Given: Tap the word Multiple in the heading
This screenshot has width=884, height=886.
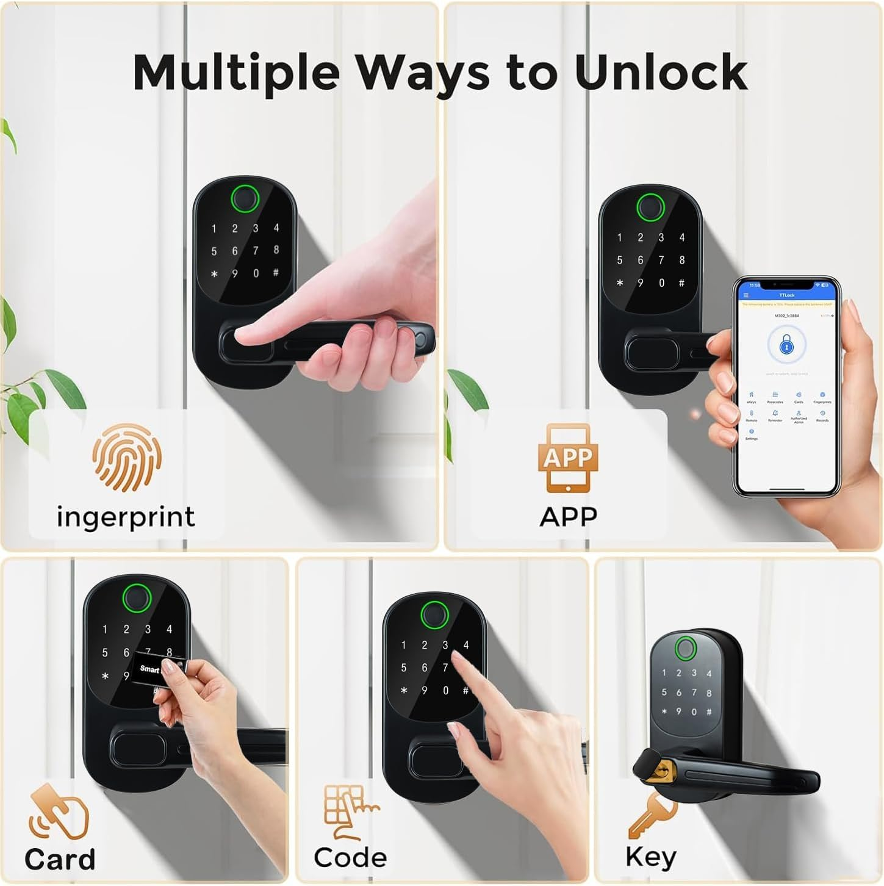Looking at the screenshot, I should pyautogui.click(x=236, y=72).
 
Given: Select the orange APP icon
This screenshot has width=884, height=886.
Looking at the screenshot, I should pyautogui.click(x=567, y=458).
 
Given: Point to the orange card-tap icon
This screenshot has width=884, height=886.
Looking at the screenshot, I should pyautogui.click(x=59, y=812).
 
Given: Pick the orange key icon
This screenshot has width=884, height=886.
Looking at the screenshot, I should pyautogui.click(x=652, y=815).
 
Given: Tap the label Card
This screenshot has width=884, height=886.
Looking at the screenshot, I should pyautogui.click(x=60, y=859).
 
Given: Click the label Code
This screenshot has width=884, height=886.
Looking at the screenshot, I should pyautogui.click(x=350, y=857).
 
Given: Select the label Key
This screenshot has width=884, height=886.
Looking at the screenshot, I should pyautogui.click(x=650, y=857).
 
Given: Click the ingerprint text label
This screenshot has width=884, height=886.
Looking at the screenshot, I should pyautogui.click(x=126, y=516).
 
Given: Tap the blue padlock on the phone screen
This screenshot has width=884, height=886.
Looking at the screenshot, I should pyautogui.click(x=786, y=346).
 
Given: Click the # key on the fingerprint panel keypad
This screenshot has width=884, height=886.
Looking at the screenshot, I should pyautogui.click(x=276, y=273).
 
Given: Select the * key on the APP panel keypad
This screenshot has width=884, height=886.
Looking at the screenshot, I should pyautogui.click(x=620, y=283).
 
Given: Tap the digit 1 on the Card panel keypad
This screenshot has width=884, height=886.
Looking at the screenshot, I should pyautogui.click(x=105, y=629).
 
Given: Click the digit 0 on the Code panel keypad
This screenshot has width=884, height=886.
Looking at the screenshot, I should pyautogui.click(x=445, y=691).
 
